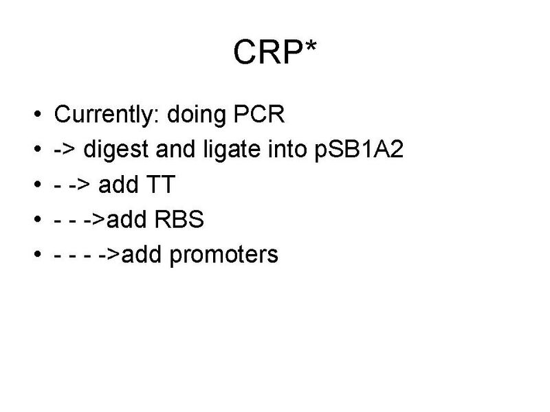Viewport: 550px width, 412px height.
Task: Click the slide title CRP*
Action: [274, 52]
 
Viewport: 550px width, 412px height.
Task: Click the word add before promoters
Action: [145, 255]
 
